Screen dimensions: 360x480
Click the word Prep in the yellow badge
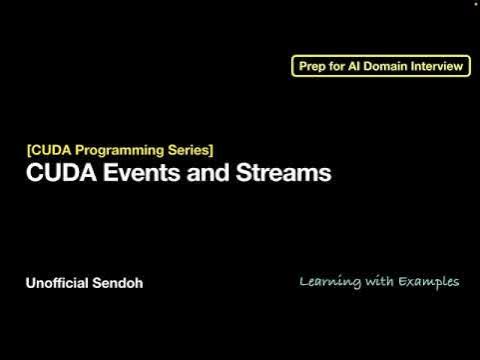tap(314, 67)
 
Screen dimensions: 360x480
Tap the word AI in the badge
tap(359, 67)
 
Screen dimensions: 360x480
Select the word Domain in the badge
tap(392, 67)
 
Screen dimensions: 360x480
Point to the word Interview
tap(440, 67)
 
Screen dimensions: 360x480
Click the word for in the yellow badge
tap(340, 67)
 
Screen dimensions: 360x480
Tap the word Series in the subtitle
tap(188, 150)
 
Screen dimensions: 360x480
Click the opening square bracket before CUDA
tap(28, 150)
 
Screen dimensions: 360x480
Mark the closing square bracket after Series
tap(211, 150)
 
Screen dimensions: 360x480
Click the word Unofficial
tap(58, 283)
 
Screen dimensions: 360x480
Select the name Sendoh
tap(119, 283)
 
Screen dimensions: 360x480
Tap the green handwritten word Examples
tap(429, 282)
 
